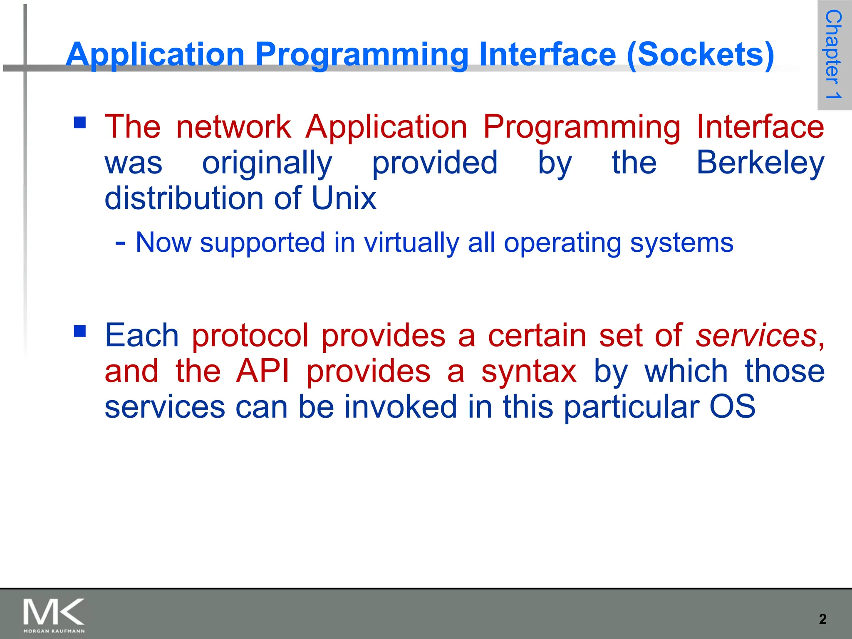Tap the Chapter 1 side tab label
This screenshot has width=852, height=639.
pos(834,54)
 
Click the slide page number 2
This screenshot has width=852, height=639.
pos(822,619)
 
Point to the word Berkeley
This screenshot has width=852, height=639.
pos(760,163)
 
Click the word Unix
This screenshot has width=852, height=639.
pos(344,198)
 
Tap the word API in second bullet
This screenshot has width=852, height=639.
pos(262,371)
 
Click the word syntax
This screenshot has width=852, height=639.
pos(529,371)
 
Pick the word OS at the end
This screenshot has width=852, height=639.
pos(732,407)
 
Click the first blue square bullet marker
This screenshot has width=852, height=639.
pos(80,122)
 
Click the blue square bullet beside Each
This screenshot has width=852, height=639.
pos(80,331)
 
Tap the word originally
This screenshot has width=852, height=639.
pos(267,163)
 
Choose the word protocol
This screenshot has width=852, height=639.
pos(250,335)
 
